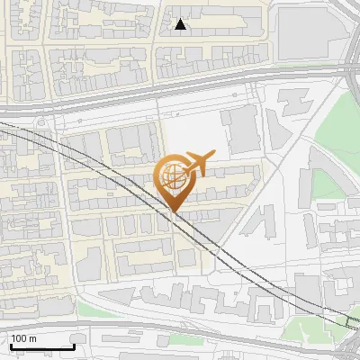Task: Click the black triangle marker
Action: [x=181, y=24]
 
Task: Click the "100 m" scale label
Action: [x=24, y=338]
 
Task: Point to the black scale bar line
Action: [x=42, y=346]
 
